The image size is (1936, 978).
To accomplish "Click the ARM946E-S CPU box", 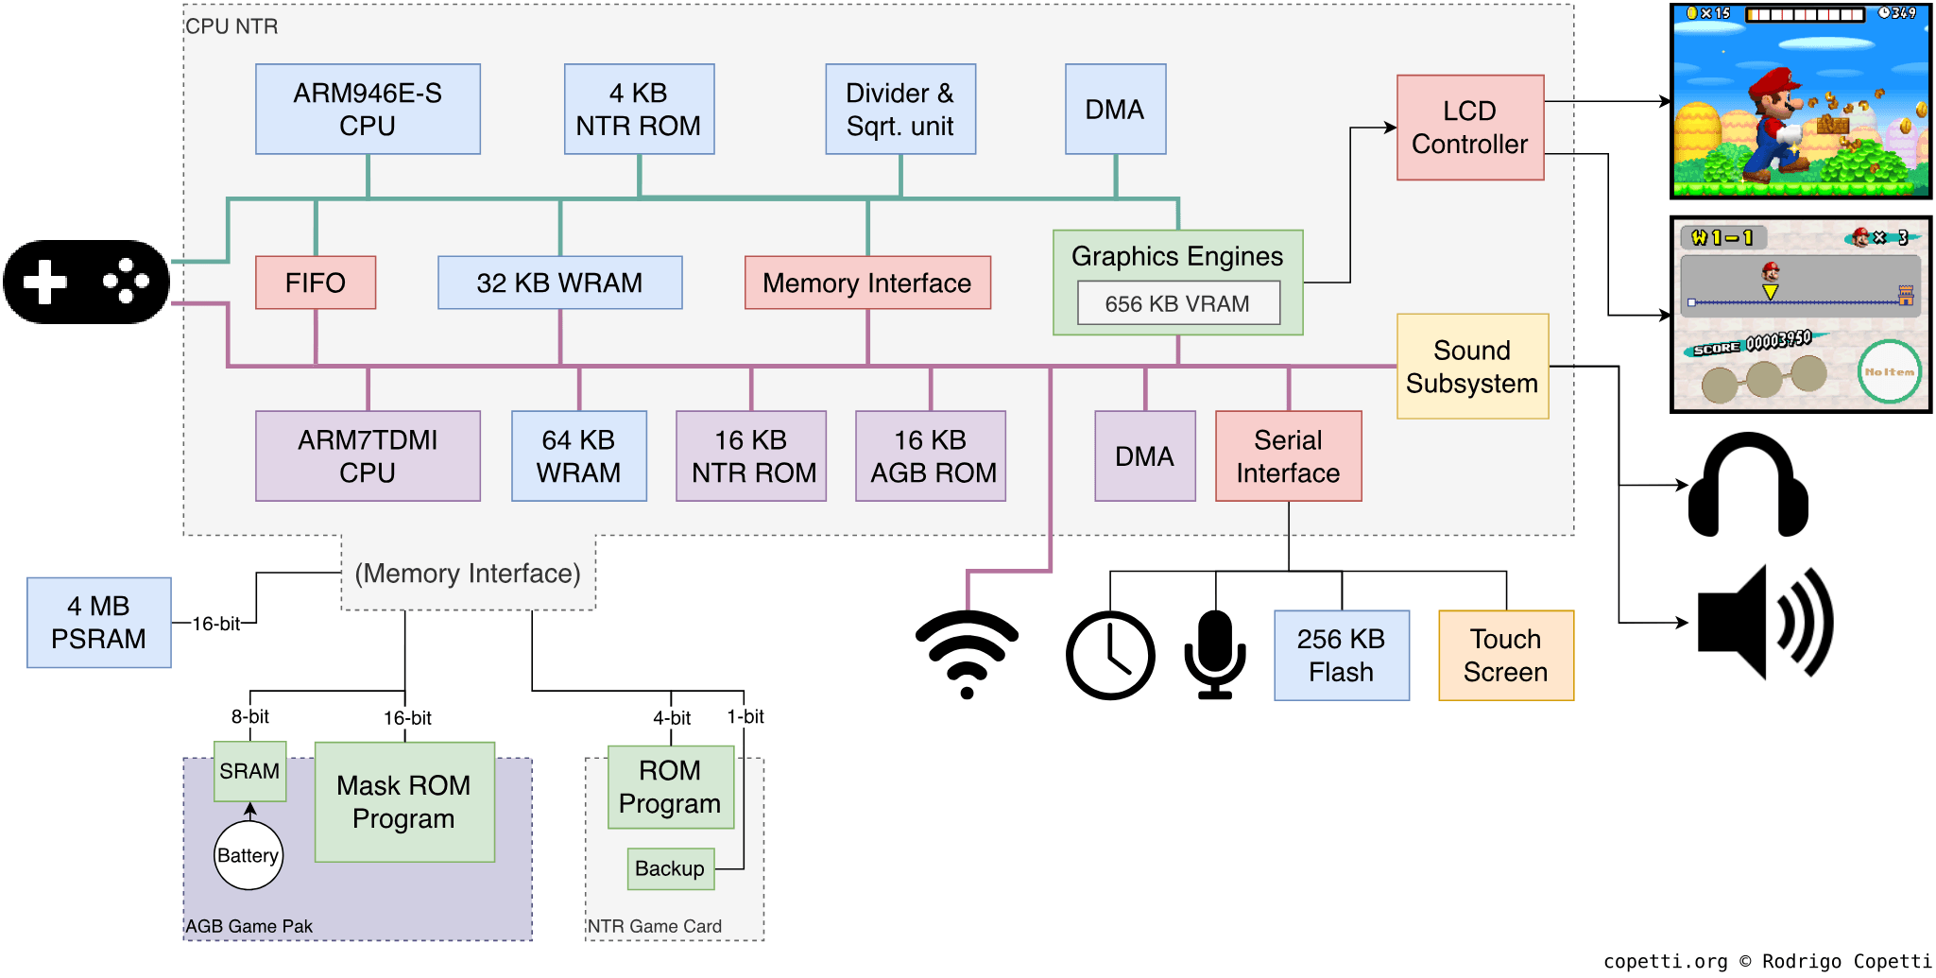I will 368,109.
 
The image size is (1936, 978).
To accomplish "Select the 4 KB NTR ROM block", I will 639,109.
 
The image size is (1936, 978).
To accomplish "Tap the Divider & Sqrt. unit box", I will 899,109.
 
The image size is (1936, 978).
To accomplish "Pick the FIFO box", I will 316,283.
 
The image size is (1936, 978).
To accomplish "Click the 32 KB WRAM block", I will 559,283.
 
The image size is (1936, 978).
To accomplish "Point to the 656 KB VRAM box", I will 1177,303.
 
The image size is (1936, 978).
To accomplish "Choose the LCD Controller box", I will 1469,128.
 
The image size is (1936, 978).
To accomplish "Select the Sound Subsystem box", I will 1471,367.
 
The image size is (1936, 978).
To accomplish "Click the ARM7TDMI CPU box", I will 368,455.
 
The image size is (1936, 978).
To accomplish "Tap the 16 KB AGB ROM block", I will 931,455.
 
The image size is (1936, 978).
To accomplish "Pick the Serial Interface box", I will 1288,455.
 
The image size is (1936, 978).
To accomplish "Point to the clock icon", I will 1110,655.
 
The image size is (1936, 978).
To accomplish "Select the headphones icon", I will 1748,485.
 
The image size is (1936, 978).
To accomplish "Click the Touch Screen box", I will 1505,655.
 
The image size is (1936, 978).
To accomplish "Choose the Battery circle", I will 248,855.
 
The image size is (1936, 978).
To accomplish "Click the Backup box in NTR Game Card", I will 670,868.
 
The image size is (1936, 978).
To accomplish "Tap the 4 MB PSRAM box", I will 99,623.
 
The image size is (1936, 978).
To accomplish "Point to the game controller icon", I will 86,282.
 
